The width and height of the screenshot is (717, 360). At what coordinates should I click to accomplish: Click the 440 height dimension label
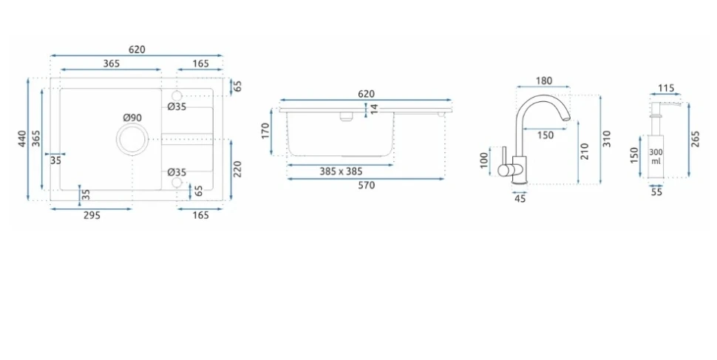click(22, 139)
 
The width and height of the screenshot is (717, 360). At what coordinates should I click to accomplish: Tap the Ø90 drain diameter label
click(132, 118)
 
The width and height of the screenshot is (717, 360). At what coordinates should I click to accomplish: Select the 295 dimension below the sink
click(92, 215)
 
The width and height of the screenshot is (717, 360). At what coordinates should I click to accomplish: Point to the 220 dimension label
click(237, 169)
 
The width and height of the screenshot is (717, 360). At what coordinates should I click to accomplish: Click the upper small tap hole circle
click(177, 95)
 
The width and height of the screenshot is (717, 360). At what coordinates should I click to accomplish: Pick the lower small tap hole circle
click(177, 183)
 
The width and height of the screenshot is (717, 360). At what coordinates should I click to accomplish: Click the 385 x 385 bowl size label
click(341, 171)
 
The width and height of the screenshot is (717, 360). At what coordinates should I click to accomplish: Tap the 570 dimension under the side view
click(367, 186)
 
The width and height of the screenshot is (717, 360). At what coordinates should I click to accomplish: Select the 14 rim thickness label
click(374, 109)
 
